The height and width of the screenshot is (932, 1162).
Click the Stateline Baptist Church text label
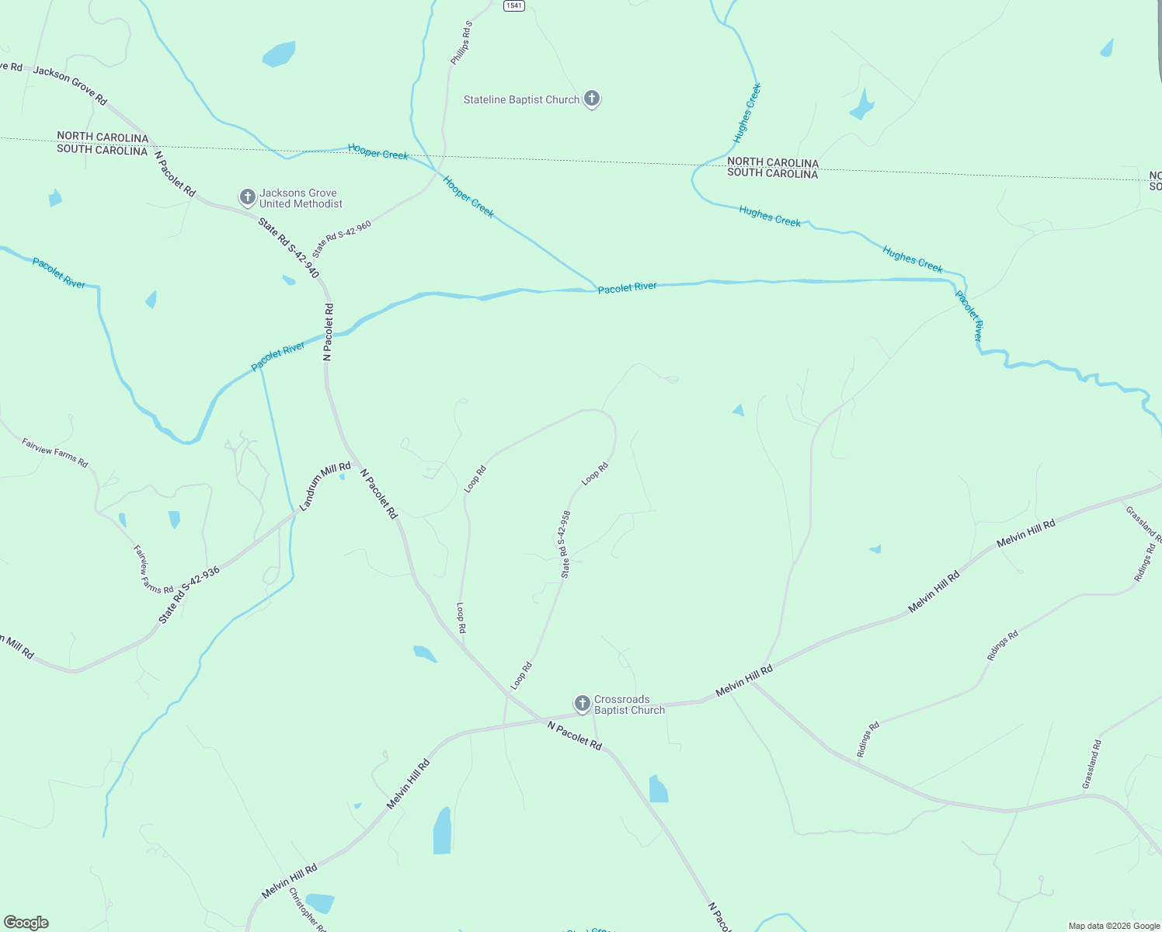tap(521, 100)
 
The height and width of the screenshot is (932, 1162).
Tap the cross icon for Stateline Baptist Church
tap(592, 99)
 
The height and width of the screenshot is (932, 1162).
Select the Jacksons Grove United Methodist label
tap(301, 199)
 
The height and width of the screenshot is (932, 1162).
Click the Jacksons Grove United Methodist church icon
tap(247, 197)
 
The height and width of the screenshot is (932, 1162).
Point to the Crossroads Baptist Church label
tap(629, 704)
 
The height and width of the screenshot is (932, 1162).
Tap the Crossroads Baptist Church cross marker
tap(582, 704)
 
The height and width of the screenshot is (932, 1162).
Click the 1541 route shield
tap(513, 5)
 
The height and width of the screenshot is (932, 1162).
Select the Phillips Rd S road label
tap(461, 43)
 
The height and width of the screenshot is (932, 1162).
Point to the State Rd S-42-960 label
tap(342, 239)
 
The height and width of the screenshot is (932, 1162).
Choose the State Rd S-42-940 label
tap(289, 248)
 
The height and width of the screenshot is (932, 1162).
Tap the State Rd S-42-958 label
tap(565, 544)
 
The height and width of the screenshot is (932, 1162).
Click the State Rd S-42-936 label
tap(190, 595)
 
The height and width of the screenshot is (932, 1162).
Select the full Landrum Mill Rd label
tap(325, 486)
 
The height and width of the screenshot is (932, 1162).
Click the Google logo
tap(26, 923)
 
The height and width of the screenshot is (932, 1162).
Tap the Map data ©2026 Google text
tap(1114, 926)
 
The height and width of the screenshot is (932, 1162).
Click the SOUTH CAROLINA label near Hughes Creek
tap(772, 174)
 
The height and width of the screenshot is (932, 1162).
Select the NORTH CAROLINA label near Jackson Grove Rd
tap(103, 137)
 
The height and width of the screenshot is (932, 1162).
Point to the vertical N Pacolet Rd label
tap(329, 332)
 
